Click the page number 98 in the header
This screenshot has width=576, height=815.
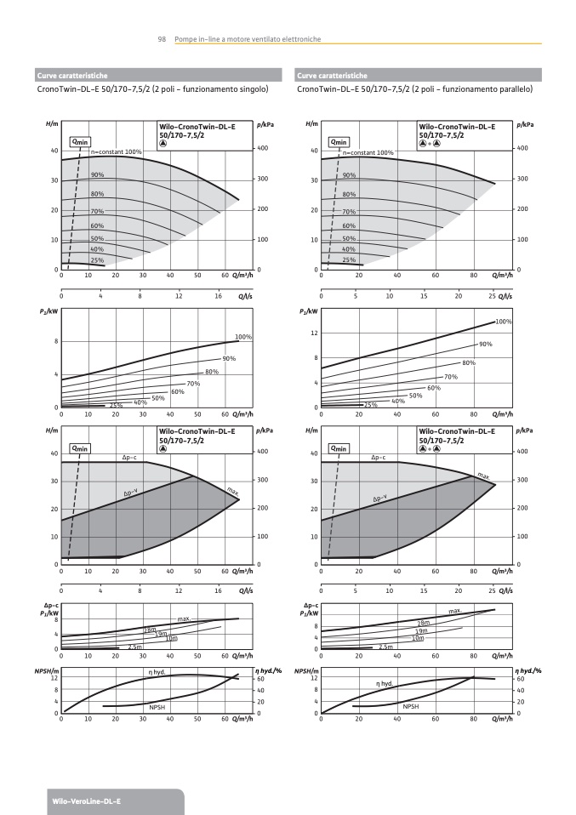162,40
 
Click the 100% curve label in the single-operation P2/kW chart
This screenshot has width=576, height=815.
243,337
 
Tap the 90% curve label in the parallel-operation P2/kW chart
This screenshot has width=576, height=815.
486,344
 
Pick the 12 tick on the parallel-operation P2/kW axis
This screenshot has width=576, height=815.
315,333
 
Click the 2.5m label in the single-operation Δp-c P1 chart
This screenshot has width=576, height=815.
134,647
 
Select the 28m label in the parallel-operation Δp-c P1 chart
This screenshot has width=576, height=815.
423,624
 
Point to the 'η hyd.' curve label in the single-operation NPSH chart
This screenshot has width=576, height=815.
156,672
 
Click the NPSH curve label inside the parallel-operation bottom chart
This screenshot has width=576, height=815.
411,706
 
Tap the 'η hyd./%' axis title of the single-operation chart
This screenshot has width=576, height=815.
269,671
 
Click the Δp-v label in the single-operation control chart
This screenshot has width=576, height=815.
130,493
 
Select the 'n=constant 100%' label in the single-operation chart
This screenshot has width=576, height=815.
117,152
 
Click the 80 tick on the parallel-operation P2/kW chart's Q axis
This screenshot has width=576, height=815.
473,414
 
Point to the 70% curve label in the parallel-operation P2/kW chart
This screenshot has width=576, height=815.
451,376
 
